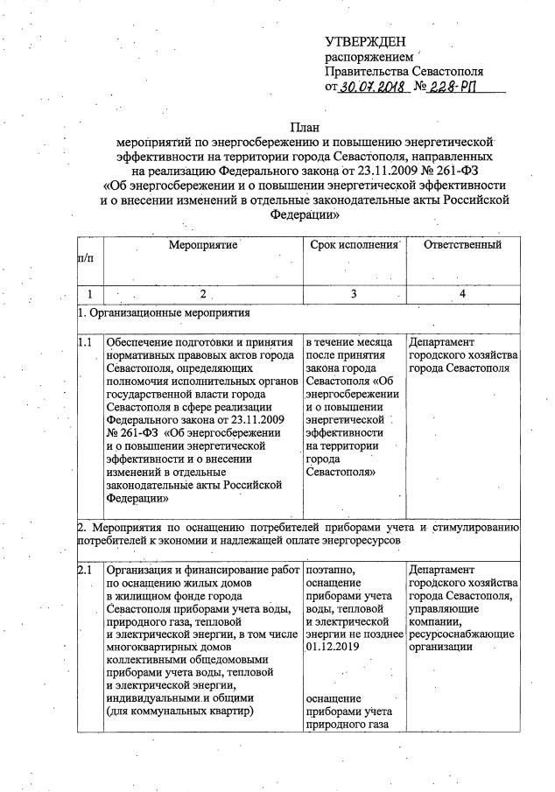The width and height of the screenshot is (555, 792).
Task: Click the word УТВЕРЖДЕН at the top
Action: click(365, 42)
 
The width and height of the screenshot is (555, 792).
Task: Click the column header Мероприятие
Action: click(202, 246)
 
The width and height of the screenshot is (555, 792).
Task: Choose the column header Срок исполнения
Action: click(354, 246)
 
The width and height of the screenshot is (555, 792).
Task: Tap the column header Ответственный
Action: click(462, 246)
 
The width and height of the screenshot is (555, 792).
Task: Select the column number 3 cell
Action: click(354, 292)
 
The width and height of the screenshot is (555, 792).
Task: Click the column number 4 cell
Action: click(462, 292)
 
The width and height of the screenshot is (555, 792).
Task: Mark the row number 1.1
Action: click(85, 342)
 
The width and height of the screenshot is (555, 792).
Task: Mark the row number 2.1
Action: click(85, 571)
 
